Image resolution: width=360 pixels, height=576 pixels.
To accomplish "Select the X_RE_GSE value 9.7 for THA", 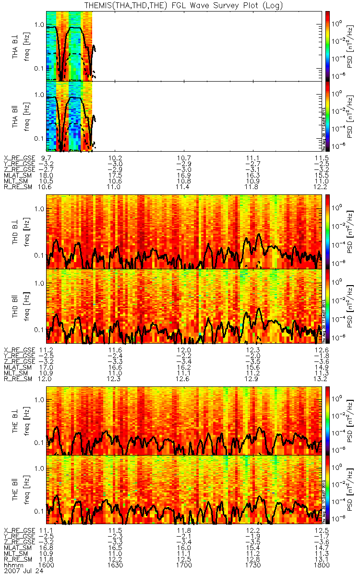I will (x=47, y=158).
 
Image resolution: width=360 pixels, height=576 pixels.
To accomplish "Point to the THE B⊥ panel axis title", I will (x=15, y=420).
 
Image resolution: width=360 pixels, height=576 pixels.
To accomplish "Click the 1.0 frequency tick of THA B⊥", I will (x=39, y=24).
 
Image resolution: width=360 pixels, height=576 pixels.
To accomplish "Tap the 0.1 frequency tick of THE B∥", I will (x=39, y=510).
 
